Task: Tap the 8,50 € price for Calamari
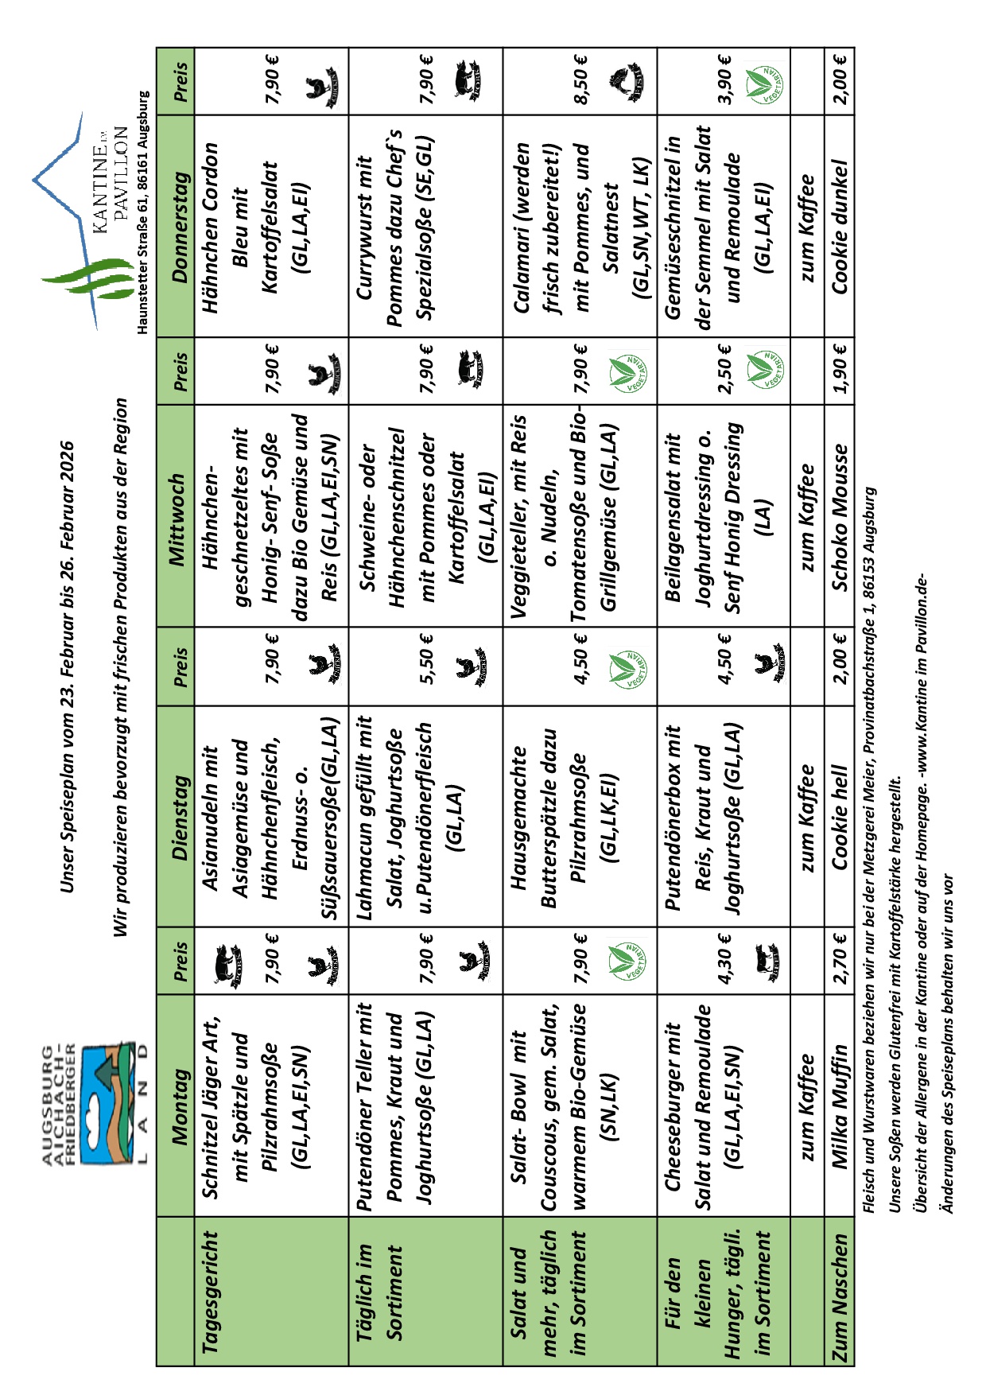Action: click(x=580, y=80)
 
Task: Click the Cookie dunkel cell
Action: click(x=840, y=226)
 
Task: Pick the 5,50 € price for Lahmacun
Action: click(x=425, y=659)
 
